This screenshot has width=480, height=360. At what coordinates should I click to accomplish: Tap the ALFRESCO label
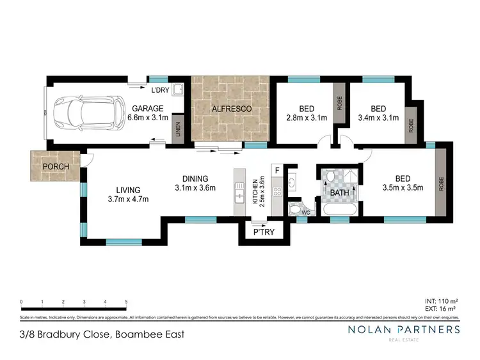click(231, 109)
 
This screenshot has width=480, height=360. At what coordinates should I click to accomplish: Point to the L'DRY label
click(159, 90)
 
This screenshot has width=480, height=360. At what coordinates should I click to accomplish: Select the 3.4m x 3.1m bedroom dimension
click(379, 118)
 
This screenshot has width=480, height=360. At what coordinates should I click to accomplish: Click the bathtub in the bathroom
click(339, 209)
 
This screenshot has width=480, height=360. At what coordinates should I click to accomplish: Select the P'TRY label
click(263, 232)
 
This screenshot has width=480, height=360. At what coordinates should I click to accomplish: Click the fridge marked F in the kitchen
click(276, 171)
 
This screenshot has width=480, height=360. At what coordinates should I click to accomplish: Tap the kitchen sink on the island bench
click(241, 194)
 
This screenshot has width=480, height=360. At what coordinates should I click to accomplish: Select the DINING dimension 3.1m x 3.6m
click(195, 188)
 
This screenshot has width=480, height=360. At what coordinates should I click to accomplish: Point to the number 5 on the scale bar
click(126, 301)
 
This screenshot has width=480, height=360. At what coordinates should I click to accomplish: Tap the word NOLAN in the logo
click(369, 329)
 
